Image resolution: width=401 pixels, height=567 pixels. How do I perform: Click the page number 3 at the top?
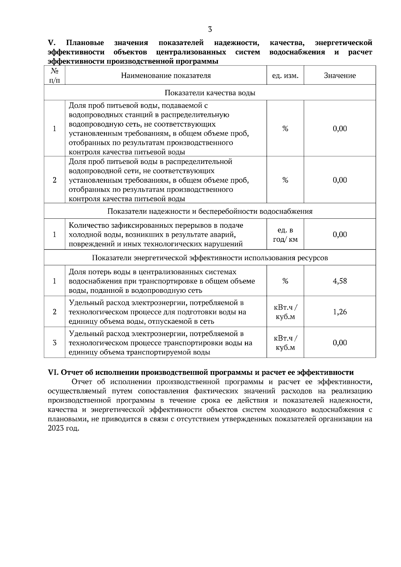(x=210, y=29)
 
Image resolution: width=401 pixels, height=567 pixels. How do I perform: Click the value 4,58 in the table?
(x=340, y=281)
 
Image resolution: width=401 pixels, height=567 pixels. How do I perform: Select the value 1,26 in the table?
(x=340, y=312)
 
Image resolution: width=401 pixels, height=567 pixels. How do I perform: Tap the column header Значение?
(x=340, y=75)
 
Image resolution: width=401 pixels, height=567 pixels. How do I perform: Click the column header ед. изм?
(x=285, y=75)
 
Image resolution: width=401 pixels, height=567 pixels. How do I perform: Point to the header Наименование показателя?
(x=166, y=75)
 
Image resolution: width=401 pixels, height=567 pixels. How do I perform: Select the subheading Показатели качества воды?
(x=210, y=93)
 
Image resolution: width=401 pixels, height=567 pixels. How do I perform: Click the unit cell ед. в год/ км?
(x=285, y=235)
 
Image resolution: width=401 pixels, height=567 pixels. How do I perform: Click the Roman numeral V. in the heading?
(x=51, y=43)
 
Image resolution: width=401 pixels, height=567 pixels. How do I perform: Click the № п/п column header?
(x=54, y=75)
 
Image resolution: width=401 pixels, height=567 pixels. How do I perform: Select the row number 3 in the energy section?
(x=54, y=343)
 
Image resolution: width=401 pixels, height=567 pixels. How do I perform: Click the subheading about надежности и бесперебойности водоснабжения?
(x=210, y=211)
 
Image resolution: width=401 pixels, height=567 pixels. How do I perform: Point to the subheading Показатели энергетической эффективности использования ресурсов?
(x=210, y=258)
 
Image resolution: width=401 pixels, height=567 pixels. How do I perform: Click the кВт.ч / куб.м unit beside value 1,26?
(x=285, y=312)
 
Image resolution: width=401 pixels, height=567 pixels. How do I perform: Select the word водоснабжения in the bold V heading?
(x=297, y=52)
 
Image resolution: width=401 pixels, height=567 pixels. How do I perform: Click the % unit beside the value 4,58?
(x=285, y=281)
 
